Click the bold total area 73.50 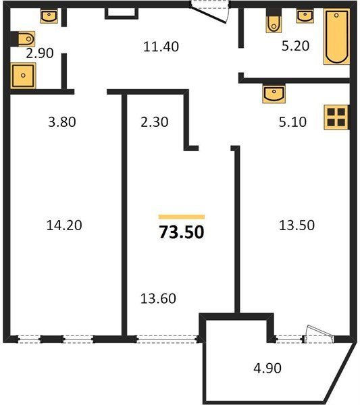[x=182, y=232]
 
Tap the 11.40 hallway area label [x=161, y=47]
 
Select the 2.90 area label [x=40, y=53]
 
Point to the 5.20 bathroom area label [x=295, y=46]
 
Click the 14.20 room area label [x=64, y=225]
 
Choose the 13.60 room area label [x=158, y=298]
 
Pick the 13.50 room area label [x=297, y=225]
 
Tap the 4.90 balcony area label [x=267, y=368]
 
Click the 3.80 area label [x=62, y=122]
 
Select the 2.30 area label [x=155, y=122]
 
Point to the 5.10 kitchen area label [x=292, y=122]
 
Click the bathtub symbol [x=337, y=36]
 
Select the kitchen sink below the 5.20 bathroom [x=274, y=93]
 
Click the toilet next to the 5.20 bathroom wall [x=274, y=21]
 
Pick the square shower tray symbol [x=23, y=76]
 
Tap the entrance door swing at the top [x=209, y=12]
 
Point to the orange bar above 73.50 [x=182, y=217]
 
